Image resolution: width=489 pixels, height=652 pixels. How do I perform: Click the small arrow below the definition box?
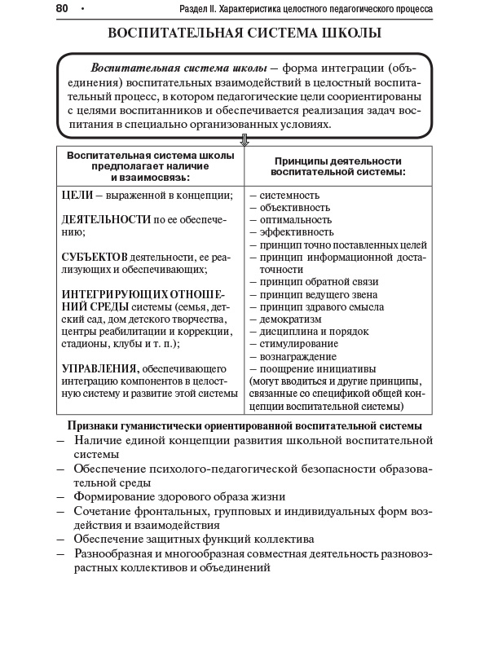tap(244, 140)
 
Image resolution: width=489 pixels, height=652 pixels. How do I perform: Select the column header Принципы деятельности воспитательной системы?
tap(338, 166)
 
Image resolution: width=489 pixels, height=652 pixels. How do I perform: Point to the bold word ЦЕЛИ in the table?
tap(77, 196)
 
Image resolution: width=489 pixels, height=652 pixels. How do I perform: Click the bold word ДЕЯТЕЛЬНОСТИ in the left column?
tap(106, 219)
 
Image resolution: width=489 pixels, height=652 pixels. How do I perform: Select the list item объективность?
tap(294, 208)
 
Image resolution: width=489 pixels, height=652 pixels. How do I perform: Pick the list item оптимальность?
tap(295, 220)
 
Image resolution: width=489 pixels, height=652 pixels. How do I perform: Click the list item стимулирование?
tap(298, 344)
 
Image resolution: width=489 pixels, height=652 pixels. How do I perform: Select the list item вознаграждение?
tap(297, 356)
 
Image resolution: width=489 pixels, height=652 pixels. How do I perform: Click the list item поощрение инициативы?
tap(312, 368)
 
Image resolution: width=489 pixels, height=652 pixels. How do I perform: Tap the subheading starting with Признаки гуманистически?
tap(244, 425)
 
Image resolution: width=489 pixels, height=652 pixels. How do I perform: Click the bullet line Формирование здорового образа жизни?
tap(179, 496)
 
